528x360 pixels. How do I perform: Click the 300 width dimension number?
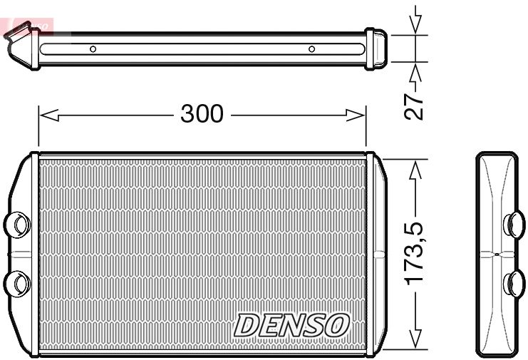point(202,113)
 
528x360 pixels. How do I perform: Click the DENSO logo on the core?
point(291,325)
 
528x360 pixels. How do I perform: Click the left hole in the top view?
point(93,49)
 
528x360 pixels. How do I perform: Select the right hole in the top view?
point(311,49)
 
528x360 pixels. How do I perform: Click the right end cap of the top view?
point(376,49)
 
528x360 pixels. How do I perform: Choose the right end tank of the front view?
point(376,253)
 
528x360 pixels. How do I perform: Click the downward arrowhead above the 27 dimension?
point(416,26)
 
